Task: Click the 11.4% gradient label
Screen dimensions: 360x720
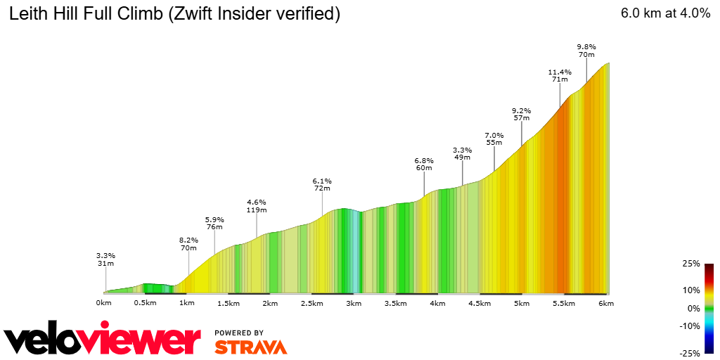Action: [x=560, y=72]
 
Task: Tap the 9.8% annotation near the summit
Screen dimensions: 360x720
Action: [x=586, y=46]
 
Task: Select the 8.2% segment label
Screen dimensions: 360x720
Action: [x=188, y=240]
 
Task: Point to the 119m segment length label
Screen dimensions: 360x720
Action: [x=257, y=210]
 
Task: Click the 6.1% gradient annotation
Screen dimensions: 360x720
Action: [x=322, y=181]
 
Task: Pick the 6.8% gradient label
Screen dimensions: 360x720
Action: [x=424, y=160]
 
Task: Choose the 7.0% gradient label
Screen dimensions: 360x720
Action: [x=494, y=135]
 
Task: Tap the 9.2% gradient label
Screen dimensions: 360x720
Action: [x=521, y=110]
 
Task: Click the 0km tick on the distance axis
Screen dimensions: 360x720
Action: [x=104, y=303]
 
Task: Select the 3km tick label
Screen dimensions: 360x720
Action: [x=353, y=303]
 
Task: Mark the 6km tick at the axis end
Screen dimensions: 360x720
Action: [x=606, y=303]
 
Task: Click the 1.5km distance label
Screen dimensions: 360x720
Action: [x=229, y=303]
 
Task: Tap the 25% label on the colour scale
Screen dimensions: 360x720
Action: [x=691, y=264]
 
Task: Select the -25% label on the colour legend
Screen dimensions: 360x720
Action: [x=690, y=353]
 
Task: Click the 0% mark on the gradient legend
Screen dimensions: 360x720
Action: [x=693, y=308]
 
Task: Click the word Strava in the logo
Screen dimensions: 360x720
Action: [x=250, y=347]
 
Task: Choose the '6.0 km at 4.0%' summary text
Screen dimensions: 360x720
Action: [x=665, y=13]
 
